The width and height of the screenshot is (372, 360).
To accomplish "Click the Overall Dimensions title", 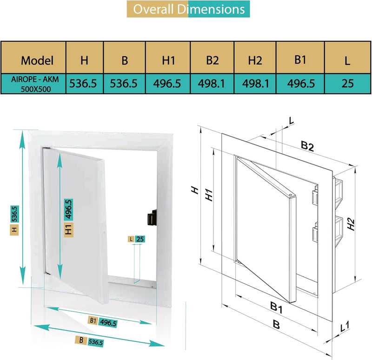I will (188, 9).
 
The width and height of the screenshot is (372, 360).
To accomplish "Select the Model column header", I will (37, 60).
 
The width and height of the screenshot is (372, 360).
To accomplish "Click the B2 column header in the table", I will (213, 60).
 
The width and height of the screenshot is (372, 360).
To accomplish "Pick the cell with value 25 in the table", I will (347, 83).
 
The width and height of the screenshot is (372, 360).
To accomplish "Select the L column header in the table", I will (347, 60).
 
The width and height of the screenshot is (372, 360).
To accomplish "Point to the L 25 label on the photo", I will (137, 239).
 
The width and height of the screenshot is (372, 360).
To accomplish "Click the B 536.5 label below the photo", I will (90, 341).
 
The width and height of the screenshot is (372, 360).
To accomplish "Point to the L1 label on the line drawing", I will (345, 327).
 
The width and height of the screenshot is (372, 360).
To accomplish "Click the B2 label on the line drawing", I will (306, 146).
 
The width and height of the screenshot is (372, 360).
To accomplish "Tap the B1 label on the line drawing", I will (277, 308).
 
